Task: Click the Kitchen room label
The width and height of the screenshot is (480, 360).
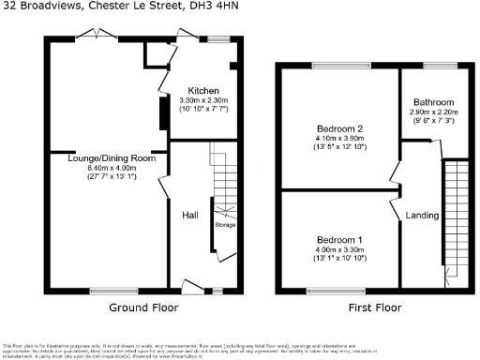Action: (x=202, y=91)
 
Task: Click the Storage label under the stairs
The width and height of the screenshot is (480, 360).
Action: (x=225, y=225)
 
